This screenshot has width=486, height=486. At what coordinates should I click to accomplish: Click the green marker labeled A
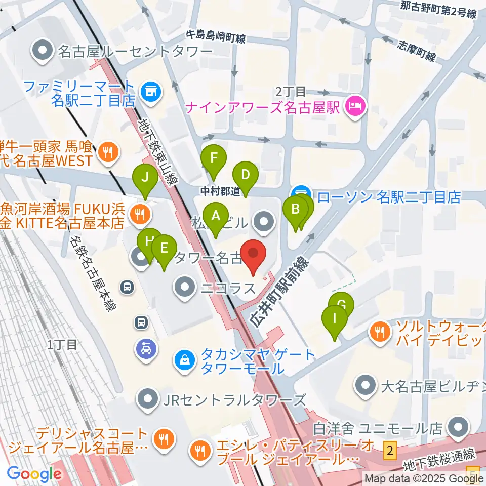[216, 216]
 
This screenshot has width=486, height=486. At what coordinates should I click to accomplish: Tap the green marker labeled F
[214, 158]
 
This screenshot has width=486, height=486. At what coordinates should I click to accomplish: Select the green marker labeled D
[246, 175]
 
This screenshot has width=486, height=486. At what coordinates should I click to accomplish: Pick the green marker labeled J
[145, 178]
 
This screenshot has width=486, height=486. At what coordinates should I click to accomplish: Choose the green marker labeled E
[164, 248]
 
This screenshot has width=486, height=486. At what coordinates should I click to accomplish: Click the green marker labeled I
[335, 319]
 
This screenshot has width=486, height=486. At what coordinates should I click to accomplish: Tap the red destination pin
[253, 253]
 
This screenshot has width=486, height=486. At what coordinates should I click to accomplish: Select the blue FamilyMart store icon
[149, 92]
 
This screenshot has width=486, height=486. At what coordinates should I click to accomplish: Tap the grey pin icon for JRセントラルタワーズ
[148, 400]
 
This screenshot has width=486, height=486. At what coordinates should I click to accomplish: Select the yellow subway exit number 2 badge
[389, 449]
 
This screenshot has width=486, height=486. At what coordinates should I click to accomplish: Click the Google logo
[34, 474]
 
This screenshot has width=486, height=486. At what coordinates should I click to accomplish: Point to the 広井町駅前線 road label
[279, 292]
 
